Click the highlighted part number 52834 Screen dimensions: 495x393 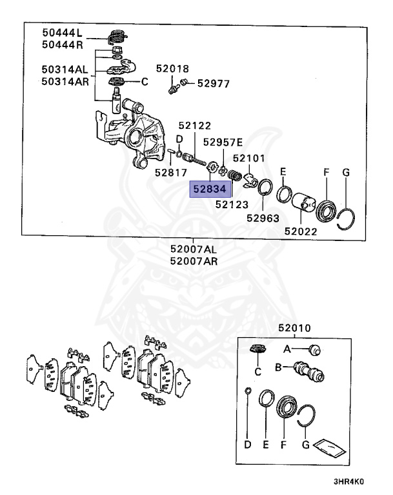pos(208,188)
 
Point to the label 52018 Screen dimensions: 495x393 pos(172,68)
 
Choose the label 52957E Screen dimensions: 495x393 pos(223,142)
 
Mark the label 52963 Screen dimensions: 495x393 pos(263,218)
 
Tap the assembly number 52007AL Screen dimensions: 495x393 pos(194,249)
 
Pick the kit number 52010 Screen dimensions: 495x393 pos(294,328)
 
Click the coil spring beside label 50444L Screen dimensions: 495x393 pos(117,37)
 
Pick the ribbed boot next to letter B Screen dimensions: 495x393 pos(308,372)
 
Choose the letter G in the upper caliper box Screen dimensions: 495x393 pos(346,172)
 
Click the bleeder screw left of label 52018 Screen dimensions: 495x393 pos(173,84)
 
